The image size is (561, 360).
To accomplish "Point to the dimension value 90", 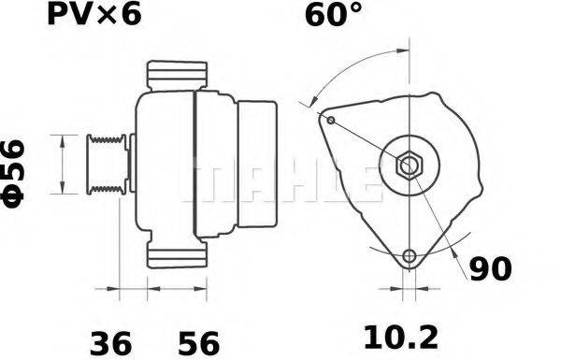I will [x=490, y=269].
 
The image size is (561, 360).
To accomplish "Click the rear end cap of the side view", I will [x=258, y=166].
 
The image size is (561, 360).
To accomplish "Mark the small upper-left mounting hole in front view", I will [x=330, y=119].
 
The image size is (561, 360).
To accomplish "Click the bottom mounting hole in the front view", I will [x=408, y=256].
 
